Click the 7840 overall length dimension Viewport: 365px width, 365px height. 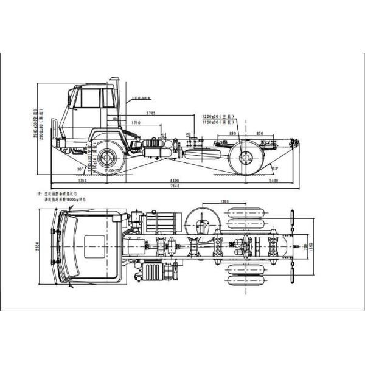175,187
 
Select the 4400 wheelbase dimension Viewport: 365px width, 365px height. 175,181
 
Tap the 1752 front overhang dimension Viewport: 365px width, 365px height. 83,181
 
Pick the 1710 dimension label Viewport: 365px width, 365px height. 137,123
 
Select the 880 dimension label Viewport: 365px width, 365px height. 233,133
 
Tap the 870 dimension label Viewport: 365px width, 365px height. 260,133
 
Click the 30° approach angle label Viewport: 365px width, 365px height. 80,169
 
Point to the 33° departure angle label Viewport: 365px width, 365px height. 275,168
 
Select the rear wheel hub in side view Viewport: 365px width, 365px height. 246,158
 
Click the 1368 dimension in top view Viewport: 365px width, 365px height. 225,201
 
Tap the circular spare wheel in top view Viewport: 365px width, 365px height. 200,222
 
